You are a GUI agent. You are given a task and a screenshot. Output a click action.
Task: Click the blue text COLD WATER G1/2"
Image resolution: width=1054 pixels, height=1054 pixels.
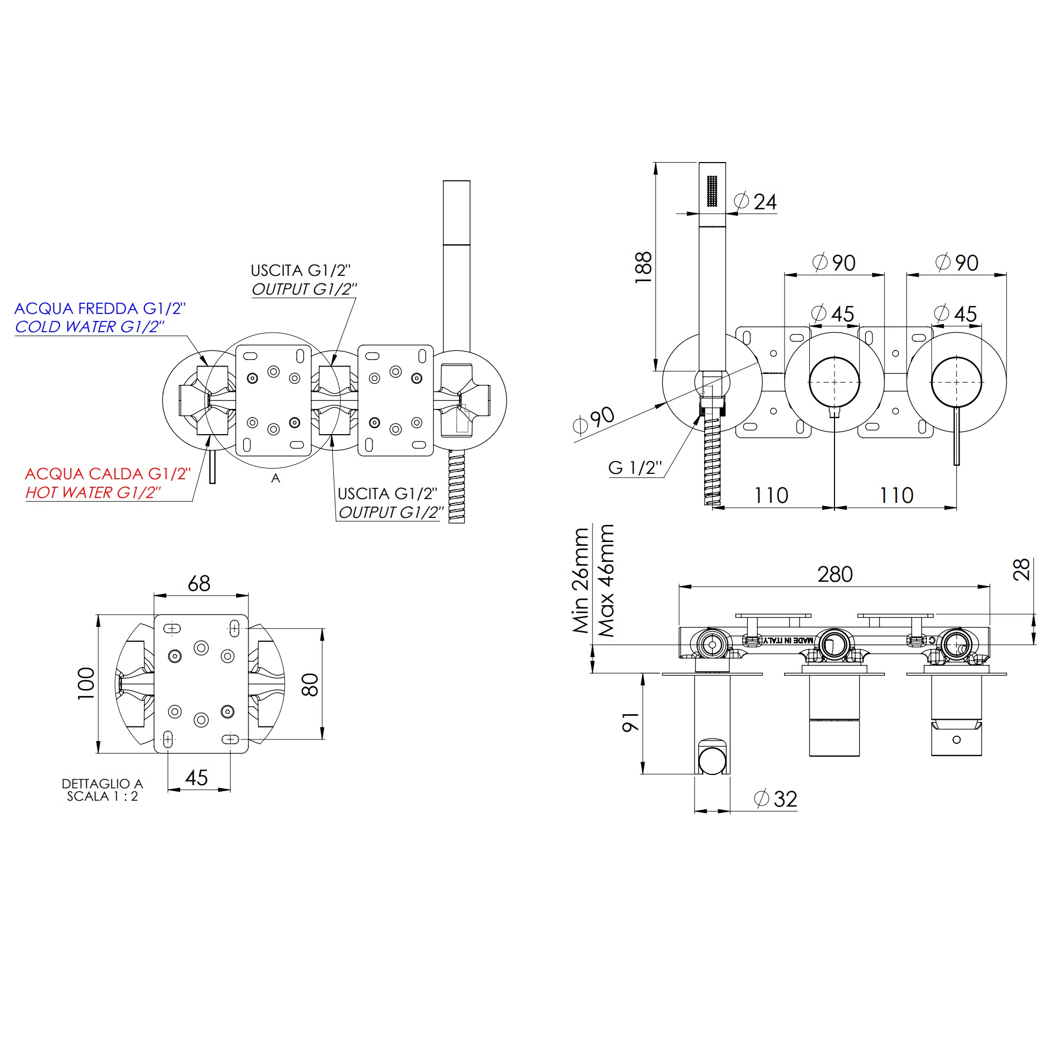(x=90, y=327)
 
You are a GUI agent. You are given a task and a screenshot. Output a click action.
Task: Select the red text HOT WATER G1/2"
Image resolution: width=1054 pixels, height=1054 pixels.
(x=93, y=493)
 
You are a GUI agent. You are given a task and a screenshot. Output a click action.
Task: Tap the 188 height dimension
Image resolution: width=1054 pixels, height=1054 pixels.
(x=644, y=267)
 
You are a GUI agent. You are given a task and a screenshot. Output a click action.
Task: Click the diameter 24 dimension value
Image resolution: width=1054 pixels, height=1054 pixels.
(x=765, y=202)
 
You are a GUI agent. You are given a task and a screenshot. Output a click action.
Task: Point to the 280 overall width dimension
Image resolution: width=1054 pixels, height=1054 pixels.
(x=835, y=574)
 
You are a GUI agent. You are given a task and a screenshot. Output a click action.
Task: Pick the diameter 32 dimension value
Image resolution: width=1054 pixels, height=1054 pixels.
(x=785, y=799)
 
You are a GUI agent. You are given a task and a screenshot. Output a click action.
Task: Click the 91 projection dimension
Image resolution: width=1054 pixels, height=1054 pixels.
(x=631, y=722)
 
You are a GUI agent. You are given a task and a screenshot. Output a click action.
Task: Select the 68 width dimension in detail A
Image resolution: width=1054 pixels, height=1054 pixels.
(x=199, y=584)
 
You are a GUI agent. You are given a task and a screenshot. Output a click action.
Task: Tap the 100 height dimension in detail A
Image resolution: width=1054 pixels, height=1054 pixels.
(x=86, y=683)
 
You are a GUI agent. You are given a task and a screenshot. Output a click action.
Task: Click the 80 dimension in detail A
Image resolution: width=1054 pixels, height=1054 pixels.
(x=310, y=684)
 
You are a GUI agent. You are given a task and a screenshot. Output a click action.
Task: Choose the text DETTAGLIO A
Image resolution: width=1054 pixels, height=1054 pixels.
(x=102, y=784)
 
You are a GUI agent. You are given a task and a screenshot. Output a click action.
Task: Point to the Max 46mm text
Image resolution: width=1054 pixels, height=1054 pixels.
(x=606, y=581)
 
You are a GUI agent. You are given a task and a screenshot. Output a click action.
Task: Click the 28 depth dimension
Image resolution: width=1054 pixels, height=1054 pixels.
(x=1021, y=569)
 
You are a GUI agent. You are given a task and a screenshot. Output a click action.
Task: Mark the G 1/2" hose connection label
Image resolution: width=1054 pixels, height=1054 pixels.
(x=635, y=467)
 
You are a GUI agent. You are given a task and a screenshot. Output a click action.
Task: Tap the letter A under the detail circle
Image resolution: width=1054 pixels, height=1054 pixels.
(x=275, y=479)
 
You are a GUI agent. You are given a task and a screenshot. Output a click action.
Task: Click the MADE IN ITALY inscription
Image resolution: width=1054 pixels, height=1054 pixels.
(x=787, y=640)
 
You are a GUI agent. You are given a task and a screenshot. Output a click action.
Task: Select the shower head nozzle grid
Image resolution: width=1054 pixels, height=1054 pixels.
(x=713, y=191)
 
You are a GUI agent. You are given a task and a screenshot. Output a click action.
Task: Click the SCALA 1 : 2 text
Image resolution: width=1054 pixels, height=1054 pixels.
(x=103, y=796)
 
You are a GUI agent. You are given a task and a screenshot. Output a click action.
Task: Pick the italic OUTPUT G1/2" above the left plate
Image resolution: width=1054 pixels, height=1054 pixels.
(x=304, y=289)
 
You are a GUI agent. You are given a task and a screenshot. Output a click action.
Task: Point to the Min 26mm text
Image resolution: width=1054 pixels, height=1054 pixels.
(x=581, y=581)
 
